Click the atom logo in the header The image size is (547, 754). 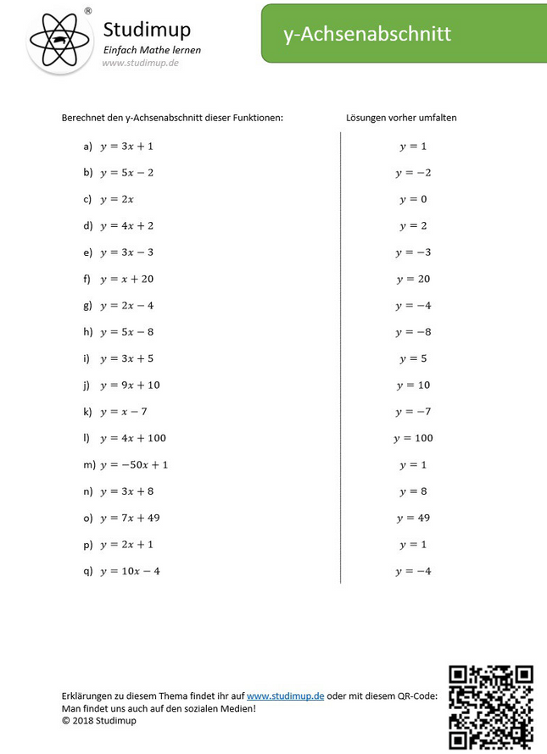coord(59,38)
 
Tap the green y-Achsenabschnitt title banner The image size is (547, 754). coord(404,33)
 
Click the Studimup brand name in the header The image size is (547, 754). coord(147,30)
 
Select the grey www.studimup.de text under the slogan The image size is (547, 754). coord(141,63)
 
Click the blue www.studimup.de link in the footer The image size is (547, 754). coord(285,696)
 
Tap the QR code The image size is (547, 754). coord(491,707)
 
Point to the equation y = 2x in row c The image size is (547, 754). coord(117,199)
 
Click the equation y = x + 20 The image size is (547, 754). coord(127,279)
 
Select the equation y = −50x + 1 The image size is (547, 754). coord(134,464)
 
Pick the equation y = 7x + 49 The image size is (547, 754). coord(130,518)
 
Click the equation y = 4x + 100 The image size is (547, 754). coord(133,438)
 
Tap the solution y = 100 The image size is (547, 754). coord(413,438)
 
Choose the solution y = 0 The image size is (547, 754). coord(413,199)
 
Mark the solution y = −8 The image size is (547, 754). coord(413,332)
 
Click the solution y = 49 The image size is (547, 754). coord(413,518)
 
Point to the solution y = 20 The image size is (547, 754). coord(413,279)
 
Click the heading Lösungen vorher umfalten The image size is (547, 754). coord(401,118)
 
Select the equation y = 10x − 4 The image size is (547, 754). coord(130,571)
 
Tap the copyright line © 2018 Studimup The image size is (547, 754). coord(98,720)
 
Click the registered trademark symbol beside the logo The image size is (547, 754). coord(88,11)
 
